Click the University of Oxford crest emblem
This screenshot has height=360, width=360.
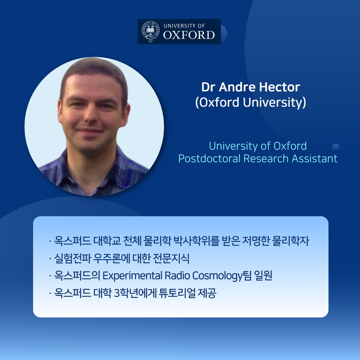(150, 31)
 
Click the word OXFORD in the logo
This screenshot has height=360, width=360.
(189, 35)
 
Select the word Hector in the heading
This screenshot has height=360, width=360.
(279, 87)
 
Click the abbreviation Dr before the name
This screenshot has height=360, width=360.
(208, 87)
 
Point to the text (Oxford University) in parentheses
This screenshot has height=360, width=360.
(251, 103)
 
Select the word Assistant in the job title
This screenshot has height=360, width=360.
(314, 159)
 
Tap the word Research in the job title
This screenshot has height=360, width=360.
(265, 159)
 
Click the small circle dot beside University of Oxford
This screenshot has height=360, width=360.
(335, 147)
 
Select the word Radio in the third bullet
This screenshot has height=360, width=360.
(177, 275)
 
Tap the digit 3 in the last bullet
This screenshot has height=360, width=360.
(117, 293)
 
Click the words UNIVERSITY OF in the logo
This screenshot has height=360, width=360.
(184, 26)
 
